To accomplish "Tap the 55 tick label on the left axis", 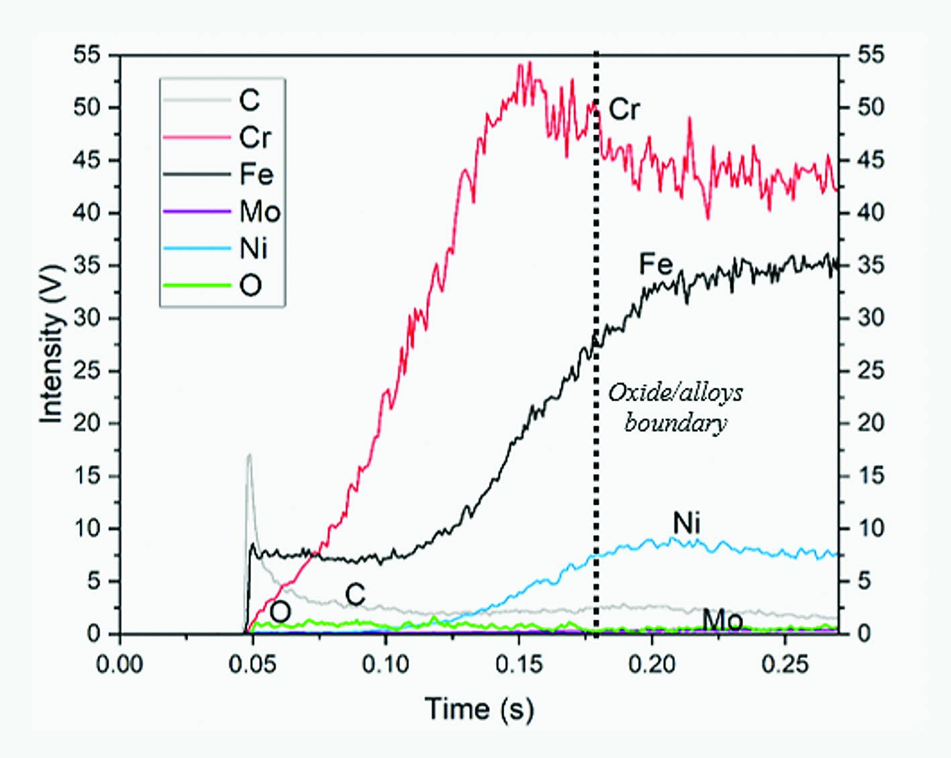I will (87, 56).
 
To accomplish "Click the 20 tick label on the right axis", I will (871, 424).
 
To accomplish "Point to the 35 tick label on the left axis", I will (87, 266).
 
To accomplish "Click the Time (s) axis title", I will (479, 709).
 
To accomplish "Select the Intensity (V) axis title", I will (52, 344).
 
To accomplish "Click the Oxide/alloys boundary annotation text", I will (675, 408).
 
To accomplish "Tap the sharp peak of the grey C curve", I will (249, 456).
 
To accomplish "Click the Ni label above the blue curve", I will (687, 523).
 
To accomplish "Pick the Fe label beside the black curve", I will (656, 264).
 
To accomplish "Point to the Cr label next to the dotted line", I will (624, 109).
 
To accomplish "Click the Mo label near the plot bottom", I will (722, 620).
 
